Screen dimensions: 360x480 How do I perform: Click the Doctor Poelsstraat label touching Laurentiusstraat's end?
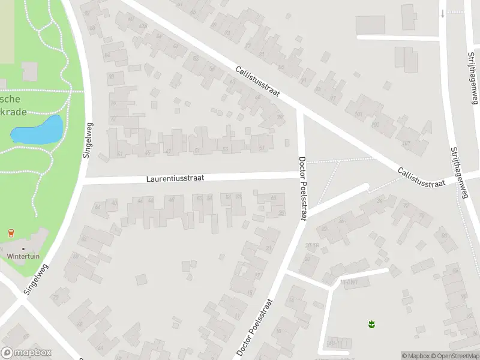(x=302, y=188)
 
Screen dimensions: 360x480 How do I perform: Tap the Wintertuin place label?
(x=23, y=256)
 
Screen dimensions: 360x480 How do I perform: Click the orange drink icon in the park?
(x=10, y=233)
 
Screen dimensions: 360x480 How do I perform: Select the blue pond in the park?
(x=37, y=130)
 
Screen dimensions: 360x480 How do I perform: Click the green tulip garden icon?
(x=371, y=325)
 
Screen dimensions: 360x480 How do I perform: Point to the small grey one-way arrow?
(x=442, y=13)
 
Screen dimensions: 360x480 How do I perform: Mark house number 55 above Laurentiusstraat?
(x=225, y=149)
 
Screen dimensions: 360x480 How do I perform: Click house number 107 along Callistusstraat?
(x=406, y=143)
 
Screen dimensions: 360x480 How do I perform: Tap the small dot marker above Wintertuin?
(x=23, y=248)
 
